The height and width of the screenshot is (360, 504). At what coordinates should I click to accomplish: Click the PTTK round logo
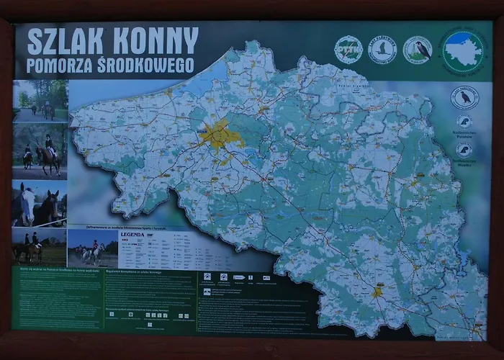tap(348, 50)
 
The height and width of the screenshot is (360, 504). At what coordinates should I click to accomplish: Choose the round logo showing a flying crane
tap(382, 50)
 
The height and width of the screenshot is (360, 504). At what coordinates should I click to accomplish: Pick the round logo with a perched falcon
tap(418, 50)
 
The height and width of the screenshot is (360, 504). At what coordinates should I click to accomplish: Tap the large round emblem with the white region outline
tap(464, 50)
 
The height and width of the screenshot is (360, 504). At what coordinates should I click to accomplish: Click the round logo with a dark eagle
tap(464, 97)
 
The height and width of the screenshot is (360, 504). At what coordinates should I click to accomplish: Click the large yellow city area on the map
tap(220, 135)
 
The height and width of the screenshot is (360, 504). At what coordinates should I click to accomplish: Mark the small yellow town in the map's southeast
tap(377, 292)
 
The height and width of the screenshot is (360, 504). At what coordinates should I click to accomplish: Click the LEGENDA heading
tap(132, 235)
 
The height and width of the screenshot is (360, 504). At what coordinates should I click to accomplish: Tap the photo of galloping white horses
tap(92, 248)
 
